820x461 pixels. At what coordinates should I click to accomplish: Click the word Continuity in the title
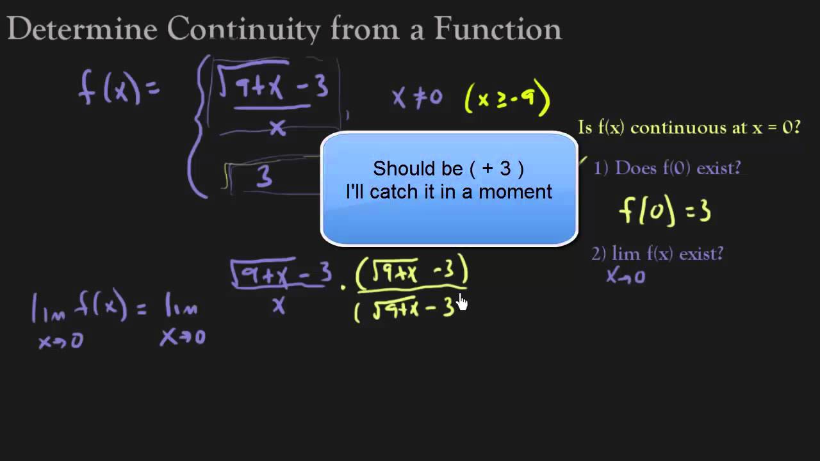tap(243, 29)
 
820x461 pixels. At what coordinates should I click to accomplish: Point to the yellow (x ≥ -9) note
tap(507, 99)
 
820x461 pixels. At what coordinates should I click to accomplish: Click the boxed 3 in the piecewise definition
tap(264, 177)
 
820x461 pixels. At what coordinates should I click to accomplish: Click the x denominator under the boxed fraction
tap(277, 128)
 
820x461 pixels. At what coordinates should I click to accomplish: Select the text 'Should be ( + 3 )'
tap(448, 169)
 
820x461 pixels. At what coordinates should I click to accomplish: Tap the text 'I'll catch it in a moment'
tap(448, 191)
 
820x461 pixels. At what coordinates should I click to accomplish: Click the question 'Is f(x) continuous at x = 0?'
tap(689, 127)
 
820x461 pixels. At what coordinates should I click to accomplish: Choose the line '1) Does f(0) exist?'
tap(666, 168)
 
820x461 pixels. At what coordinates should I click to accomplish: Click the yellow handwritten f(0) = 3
tap(665, 211)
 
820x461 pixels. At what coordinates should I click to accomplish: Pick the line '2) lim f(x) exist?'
tap(657, 254)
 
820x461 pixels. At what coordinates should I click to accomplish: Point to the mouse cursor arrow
tap(462, 302)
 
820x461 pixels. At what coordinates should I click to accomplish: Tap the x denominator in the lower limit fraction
tap(279, 306)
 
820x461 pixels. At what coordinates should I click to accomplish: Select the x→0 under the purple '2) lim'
tap(625, 277)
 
